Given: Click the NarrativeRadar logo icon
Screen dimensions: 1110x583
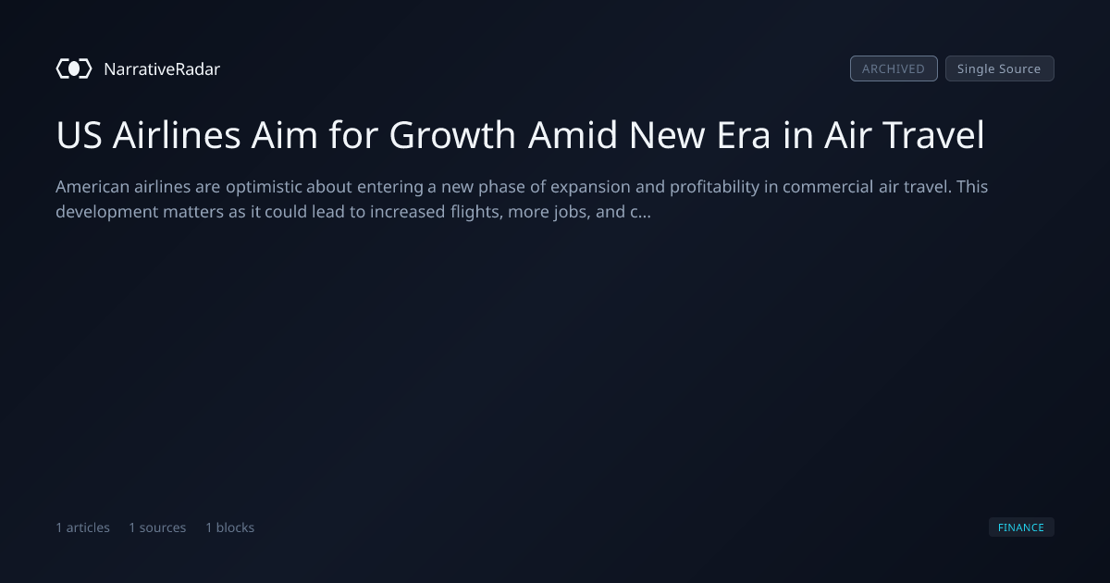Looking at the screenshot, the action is (74, 68).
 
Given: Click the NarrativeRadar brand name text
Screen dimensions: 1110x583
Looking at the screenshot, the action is (162, 68).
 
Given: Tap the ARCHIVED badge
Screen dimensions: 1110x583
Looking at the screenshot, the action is (894, 68).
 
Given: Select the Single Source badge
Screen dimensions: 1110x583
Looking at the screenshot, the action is (1000, 68).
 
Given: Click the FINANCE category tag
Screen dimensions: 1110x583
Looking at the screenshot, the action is (1021, 527).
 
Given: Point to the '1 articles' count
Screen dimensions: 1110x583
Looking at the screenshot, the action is (82, 527).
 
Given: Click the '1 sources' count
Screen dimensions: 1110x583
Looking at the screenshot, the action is (157, 527).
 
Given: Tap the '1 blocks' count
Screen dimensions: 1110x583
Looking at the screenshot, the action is (230, 527).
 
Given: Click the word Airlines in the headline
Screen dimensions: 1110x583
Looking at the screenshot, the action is (177, 135).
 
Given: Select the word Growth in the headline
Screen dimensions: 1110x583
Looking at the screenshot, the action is (452, 135).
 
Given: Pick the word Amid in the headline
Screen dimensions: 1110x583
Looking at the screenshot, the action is (573, 135).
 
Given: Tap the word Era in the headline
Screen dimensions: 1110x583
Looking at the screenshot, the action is (744, 135).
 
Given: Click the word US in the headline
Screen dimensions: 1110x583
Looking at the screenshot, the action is (79, 135).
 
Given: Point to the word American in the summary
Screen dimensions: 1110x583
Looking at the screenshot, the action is (92, 187).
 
